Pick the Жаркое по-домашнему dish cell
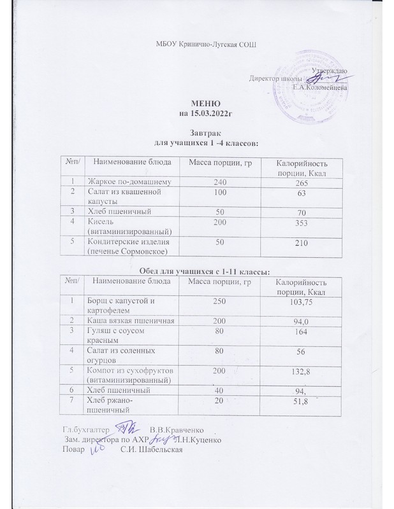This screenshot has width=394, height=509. point(130,181)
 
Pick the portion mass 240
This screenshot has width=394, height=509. point(219,181)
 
